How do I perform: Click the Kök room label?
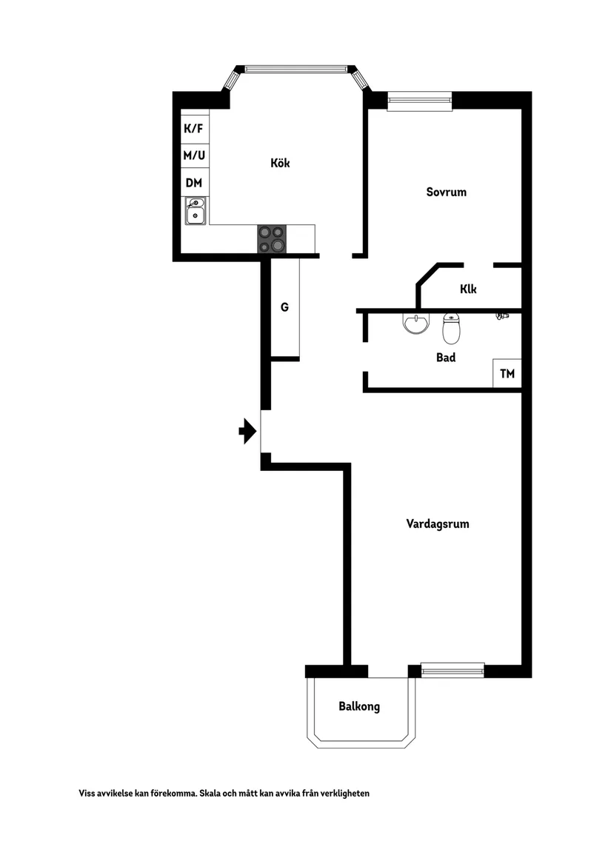(280, 163)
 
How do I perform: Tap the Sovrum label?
(446, 192)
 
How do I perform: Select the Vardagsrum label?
(438, 524)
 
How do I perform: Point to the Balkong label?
(359, 706)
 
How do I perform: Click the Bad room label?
(446, 358)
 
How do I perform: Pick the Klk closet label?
(468, 289)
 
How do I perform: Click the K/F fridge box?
(195, 128)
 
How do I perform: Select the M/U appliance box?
(195, 156)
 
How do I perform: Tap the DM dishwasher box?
(195, 183)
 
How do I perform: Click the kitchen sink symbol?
(196, 211)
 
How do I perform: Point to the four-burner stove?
(273, 239)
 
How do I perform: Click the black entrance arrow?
(247, 432)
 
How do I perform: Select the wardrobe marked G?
(285, 308)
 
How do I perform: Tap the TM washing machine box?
(507, 374)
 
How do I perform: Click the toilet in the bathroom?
(451, 329)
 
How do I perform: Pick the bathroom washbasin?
(415, 324)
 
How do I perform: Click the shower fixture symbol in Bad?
(502, 315)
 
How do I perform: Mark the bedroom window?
(420, 101)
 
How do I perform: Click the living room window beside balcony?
(453, 671)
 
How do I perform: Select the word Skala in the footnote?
(211, 794)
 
